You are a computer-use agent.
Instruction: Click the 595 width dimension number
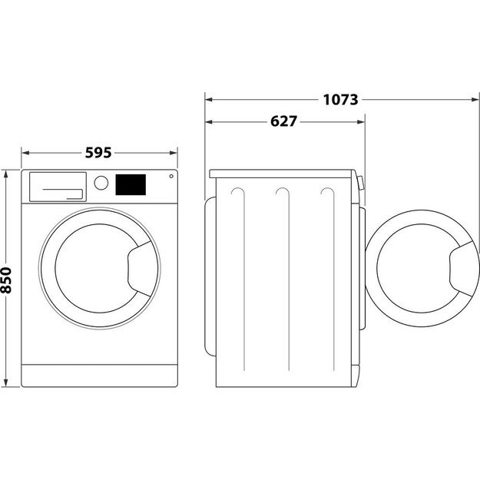(x=98, y=153)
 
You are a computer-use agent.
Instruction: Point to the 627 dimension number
(x=284, y=121)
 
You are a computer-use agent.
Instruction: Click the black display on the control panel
(x=131, y=184)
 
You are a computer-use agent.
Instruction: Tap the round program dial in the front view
(x=101, y=183)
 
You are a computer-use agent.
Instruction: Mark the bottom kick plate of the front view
(x=98, y=375)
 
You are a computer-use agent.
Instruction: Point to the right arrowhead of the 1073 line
(x=475, y=99)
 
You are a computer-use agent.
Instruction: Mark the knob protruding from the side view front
(x=361, y=183)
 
